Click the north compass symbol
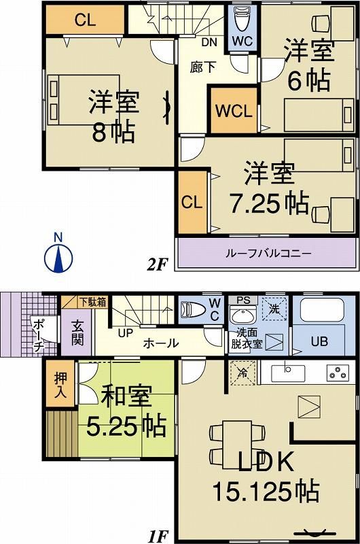(x=58, y=255)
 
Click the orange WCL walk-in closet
(x=233, y=110)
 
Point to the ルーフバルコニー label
(x=268, y=253)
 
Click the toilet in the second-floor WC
(x=242, y=21)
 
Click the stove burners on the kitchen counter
(x=338, y=373)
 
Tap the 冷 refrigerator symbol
(x=242, y=373)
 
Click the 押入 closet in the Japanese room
(x=59, y=385)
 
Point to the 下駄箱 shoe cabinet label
(x=92, y=302)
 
